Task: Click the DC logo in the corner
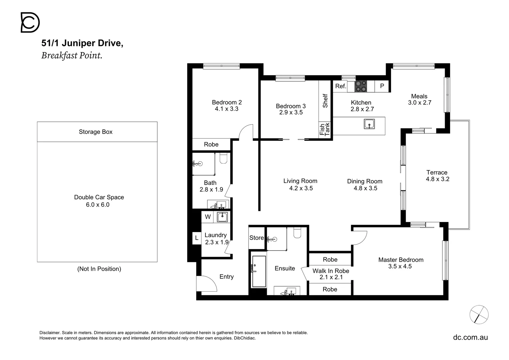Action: point(30,22)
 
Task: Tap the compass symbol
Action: point(479,315)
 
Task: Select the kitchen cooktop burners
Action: point(361,86)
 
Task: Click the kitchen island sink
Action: point(369,124)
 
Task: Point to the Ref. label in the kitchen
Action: point(341,86)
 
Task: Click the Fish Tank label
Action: point(324,129)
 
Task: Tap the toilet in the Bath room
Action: point(224,158)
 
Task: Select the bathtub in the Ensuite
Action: point(259,271)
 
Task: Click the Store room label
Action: point(256,238)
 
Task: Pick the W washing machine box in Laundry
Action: point(208,217)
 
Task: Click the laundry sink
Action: point(222,217)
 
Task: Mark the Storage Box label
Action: point(96,132)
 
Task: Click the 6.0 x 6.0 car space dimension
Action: point(98,205)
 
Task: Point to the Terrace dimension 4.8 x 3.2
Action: point(437,179)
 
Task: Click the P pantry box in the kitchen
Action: point(382,86)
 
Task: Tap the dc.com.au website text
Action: point(470,337)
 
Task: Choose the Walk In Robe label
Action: point(331,271)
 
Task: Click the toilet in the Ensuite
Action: point(297,232)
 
